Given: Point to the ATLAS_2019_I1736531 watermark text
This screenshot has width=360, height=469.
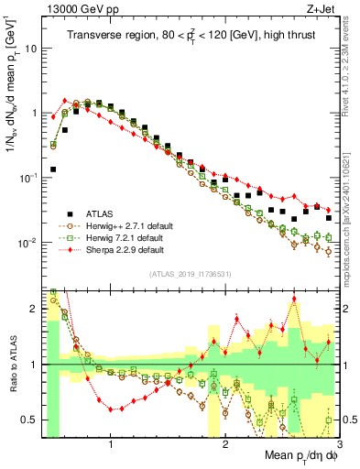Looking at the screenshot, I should coord(191,274).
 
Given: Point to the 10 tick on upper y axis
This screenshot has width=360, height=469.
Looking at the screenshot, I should coord(30,48).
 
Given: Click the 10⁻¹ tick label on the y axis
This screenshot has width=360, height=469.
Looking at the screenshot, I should coord(28,178).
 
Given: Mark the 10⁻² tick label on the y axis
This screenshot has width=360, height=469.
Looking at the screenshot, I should coord(28,243).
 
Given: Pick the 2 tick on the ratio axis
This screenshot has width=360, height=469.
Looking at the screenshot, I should coord(34,309).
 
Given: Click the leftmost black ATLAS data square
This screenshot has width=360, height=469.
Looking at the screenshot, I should coord(53,169).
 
